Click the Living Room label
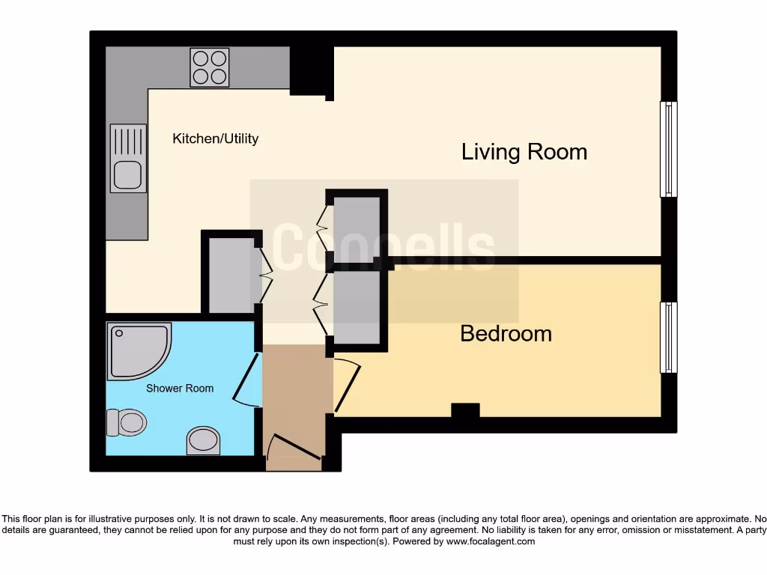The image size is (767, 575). pos(524,152)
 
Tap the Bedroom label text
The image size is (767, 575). pos(506,333)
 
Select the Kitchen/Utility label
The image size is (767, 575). pos(215,139)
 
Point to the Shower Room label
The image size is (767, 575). pos(179,388)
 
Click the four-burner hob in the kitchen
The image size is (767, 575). pos(209,67)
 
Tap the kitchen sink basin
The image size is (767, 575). pos(127,175)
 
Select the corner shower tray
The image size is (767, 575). pos(136,350)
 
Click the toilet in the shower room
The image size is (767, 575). pos(125,422)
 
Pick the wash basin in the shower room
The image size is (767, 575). pos(202,440)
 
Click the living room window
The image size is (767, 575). pos(667,149)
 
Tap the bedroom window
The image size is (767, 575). pos(667,337)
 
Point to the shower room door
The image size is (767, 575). pos(246,380)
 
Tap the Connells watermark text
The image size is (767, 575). pos(383,248)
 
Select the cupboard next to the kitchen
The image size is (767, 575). pos(231,274)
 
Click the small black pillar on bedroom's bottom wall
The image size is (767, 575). pos(465,410)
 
